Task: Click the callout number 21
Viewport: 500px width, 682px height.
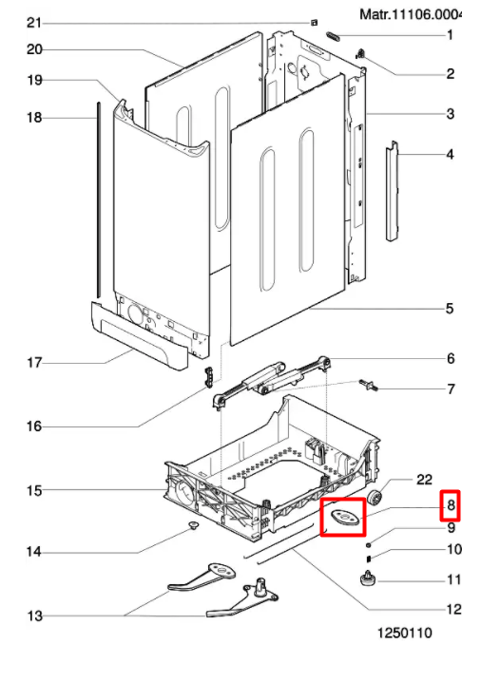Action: (x=34, y=23)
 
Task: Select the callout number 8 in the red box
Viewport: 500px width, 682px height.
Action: (x=451, y=505)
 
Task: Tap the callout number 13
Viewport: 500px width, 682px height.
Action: (x=35, y=616)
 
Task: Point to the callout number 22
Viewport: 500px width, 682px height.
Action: (x=424, y=480)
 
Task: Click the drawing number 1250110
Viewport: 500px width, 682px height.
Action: (x=404, y=633)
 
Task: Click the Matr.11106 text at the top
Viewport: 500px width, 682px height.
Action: (x=410, y=14)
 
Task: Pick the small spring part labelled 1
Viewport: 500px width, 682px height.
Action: (x=333, y=36)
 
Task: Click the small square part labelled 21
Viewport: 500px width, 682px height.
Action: (x=315, y=23)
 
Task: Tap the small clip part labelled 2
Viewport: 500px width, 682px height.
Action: (x=360, y=54)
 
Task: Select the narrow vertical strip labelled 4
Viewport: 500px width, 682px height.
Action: (x=392, y=191)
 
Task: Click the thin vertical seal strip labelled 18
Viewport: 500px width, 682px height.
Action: (x=99, y=200)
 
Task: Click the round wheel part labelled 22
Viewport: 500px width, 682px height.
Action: (x=374, y=498)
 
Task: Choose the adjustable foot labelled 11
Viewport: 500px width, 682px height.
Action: (x=368, y=579)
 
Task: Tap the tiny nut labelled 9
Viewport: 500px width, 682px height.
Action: (x=369, y=544)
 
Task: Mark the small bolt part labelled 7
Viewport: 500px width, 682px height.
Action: (x=369, y=385)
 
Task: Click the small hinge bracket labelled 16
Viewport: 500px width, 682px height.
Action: (x=209, y=377)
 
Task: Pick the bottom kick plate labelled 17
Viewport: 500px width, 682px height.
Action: (x=139, y=336)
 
